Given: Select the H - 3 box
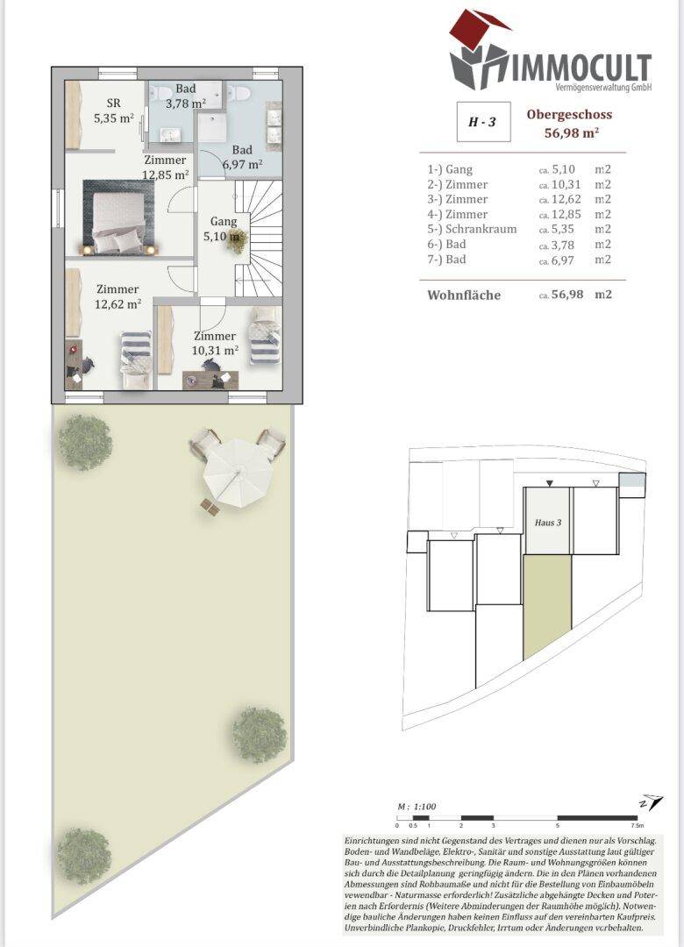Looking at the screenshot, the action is [482, 121].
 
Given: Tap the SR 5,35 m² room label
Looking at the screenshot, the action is [114, 110].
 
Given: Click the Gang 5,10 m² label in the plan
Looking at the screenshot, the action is [224, 229].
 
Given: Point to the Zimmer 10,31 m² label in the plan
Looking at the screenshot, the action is [215, 343].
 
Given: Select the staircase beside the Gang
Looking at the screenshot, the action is [259, 238].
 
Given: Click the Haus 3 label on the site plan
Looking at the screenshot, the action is [547, 523].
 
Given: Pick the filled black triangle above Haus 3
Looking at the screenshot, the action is [549, 482].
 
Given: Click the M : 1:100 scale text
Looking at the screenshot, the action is [417, 807].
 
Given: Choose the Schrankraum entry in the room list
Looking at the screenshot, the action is [481, 230].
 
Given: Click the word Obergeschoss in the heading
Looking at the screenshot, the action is [569, 115].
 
